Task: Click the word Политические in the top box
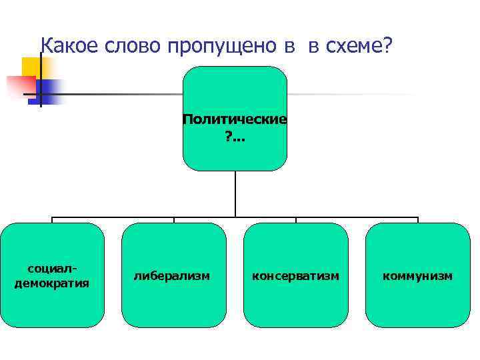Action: (x=235, y=119)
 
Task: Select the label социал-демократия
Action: (x=52, y=275)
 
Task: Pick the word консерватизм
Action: (x=295, y=275)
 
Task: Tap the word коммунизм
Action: (x=417, y=275)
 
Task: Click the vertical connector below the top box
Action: (x=235, y=193)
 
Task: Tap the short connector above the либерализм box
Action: (x=174, y=220)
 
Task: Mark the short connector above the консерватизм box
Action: (x=296, y=220)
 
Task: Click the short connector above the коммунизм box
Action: (x=418, y=220)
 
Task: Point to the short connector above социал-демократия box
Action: (x=52, y=220)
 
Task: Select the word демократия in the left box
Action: (x=52, y=282)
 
